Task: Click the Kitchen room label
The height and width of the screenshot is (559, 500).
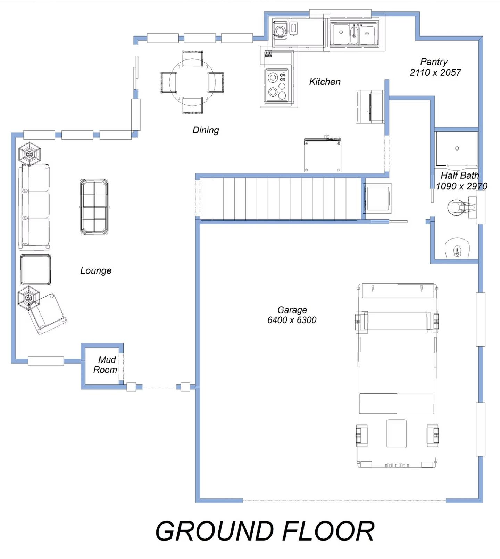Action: pyautogui.click(x=325, y=82)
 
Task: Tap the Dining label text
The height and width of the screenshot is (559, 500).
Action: pyautogui.click(x=206, y=130)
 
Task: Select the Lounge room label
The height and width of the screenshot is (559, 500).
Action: pyautogui.click(x=96, y=271)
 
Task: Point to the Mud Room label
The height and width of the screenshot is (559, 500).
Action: pyautogui.click(x=105, y=365)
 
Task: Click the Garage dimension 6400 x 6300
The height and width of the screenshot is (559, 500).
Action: pyautogui.click(x=292, y=320)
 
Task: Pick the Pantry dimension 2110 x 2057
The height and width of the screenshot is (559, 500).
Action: pyautogui.click(x=435, y=73)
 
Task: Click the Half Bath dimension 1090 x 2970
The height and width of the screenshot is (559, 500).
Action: pyautogui.click(x=461, y=186)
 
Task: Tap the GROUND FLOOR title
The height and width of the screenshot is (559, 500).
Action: pyautogui.click(x=265, y=531)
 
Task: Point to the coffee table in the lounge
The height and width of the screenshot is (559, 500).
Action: pyautogui.click(x=94, y=207)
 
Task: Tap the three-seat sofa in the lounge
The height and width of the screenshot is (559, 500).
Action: pyautogui.click(x=34, y=207)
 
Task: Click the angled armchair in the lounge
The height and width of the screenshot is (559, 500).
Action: pyautogui.click(x=47, y=313)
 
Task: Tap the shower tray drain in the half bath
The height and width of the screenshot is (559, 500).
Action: pyautogui.click(x=457, y=148)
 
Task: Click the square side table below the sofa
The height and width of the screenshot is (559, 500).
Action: pyautogui.click(x=35, y=270)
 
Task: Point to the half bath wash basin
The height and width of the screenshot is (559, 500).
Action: pyautogui.click(x=457, y=249)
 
